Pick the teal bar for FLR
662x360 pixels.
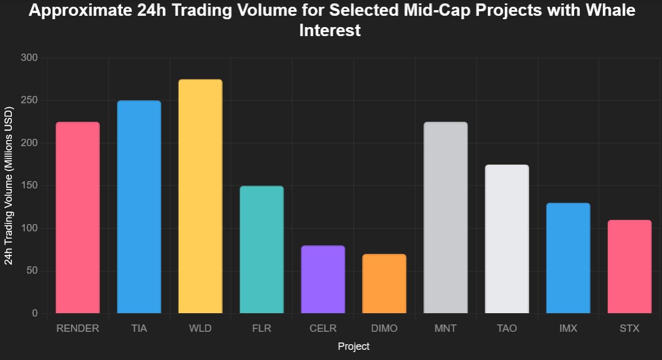click(x=262, y=249)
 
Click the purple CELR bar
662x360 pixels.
click(x=323, y=279)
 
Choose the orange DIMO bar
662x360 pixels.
click(x=384, y=283)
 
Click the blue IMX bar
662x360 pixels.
click(x=568, y=258)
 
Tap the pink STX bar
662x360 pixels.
click(x=629, y=266)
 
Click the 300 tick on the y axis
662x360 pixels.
click(x=29, y=58)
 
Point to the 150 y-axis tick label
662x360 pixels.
click(x=29, y=186)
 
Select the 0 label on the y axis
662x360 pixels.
click(x=34, y=313)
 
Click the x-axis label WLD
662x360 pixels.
click(x=200, y=328)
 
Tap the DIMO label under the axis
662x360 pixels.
click(x=384, y=328)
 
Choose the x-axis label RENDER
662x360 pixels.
click(x=78, y=328)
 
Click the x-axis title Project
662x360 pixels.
click(x=354, y=346)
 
